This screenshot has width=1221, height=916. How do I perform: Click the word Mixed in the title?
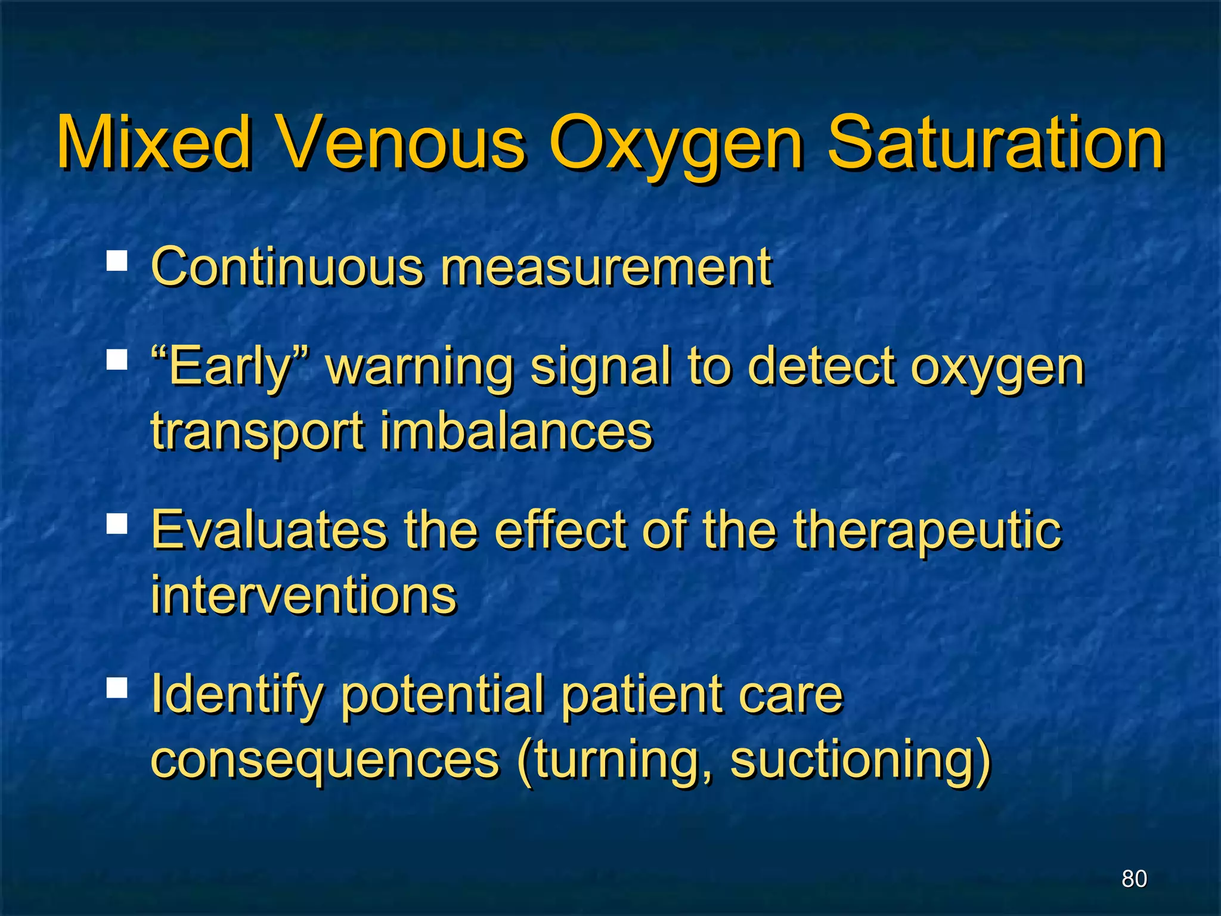(x=154, y=143)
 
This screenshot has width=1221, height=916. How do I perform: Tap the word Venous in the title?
(x=402, y=143)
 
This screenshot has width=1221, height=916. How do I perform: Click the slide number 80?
(x=1134, y=878)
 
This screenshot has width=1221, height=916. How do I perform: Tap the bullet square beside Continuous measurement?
(x=117, y=261)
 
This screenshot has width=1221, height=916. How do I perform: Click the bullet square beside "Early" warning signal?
(x=117, y=360)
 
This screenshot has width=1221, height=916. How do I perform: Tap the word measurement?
(x=606, y=267)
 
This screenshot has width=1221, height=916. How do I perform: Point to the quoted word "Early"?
(x=230, y=366)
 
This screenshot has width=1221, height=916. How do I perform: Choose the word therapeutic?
(x=926, y=531)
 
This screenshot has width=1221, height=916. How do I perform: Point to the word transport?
(x=257, y=432)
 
